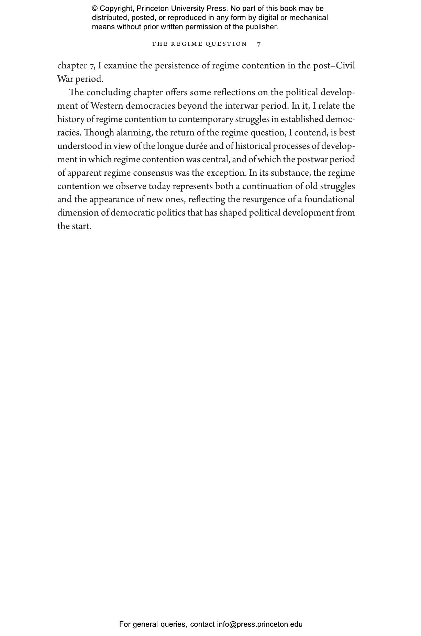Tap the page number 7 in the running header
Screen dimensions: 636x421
click(x=259, y=44)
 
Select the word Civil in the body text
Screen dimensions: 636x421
click(x=345, y=66)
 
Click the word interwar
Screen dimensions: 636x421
click(x=241, y=106)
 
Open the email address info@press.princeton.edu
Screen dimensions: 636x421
click(x=259, y=624)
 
